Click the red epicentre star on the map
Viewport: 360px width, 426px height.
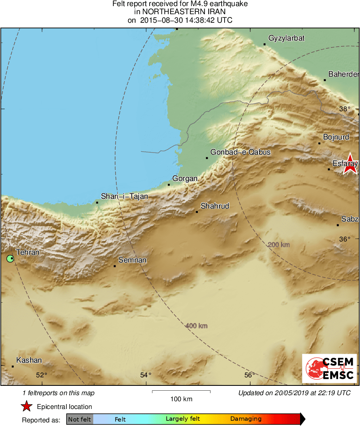[350, 164]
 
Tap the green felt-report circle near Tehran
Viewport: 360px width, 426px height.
[10, 258]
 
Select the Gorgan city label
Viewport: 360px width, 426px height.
[185, 179]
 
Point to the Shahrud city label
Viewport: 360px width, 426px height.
[215, 206]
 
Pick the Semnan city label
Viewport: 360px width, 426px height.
[132, 260]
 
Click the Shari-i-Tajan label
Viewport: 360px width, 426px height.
[124, 196]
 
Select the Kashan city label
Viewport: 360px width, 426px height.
[29, 360]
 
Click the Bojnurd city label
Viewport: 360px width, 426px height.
[336, 137]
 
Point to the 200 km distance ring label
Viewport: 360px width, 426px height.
[279, 245]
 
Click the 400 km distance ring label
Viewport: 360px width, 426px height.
[197, 326]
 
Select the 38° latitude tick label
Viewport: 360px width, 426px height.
[345, 109]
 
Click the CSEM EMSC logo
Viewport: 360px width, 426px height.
[329, 368]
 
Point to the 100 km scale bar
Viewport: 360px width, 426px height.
[181, 392]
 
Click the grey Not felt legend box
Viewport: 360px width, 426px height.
[79, 420]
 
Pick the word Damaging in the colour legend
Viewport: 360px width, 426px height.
[246, 419]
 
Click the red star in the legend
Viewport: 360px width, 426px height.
[27, 407]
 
